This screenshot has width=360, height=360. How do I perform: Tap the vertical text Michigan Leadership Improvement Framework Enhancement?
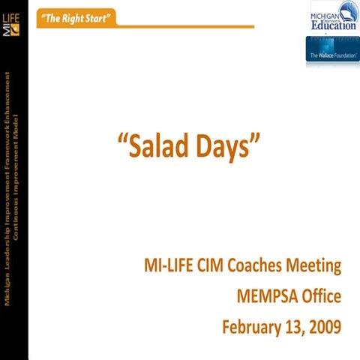click(8, 187)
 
